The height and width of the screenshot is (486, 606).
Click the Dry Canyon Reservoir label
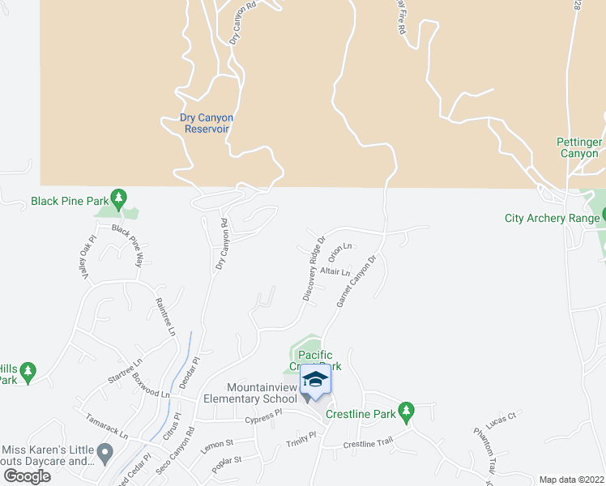click(x=207, y=123)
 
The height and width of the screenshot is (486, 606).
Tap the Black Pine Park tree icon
click(x=119, y=197)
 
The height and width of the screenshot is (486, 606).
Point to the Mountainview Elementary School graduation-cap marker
click(x=315, y=381)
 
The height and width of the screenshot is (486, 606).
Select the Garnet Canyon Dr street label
click(x=357, y=282)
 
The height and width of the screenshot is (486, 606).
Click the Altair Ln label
click(x=335, y=271)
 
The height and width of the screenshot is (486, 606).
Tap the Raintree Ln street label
click(x=165, y=317)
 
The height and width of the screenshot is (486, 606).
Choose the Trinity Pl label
click(x=301, y=441)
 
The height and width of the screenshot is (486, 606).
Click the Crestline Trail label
click(x=367, y=444)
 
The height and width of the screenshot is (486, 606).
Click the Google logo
click(x=28, y=476)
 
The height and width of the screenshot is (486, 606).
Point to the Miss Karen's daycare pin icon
click(x=104, y=452)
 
